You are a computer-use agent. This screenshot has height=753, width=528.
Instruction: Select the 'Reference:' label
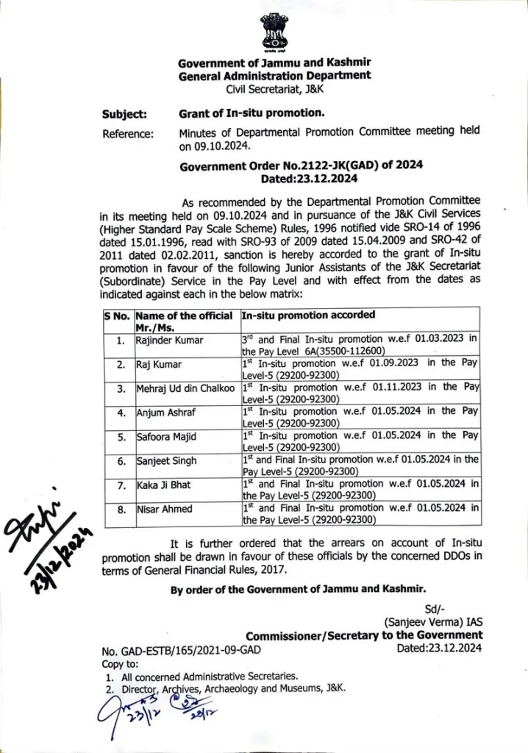click(128, 134)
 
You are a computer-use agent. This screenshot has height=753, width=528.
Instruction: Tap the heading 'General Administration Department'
click(275, 75)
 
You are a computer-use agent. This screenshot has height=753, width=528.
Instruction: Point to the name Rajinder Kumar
click(169, 340)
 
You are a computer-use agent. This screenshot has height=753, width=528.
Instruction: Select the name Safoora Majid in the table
click(166, 437)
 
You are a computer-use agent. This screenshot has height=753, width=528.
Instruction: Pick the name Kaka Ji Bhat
click(165, 485)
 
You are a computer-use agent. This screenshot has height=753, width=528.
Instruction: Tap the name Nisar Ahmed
click(165, 509)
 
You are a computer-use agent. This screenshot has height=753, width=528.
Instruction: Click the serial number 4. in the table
click(119, 413)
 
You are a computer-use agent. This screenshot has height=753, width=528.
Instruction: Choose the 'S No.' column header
click(116, 315)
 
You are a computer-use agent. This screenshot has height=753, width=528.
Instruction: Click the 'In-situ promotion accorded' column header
click(308, 315)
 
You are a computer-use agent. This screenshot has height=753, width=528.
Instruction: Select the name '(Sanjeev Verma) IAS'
click(432, 622)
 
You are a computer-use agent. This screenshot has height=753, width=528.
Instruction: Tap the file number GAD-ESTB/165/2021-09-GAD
click(180, 650)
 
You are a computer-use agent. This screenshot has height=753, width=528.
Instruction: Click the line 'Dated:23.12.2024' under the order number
click(309, 179)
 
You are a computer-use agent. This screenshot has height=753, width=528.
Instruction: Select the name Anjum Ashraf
click(166, 413)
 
